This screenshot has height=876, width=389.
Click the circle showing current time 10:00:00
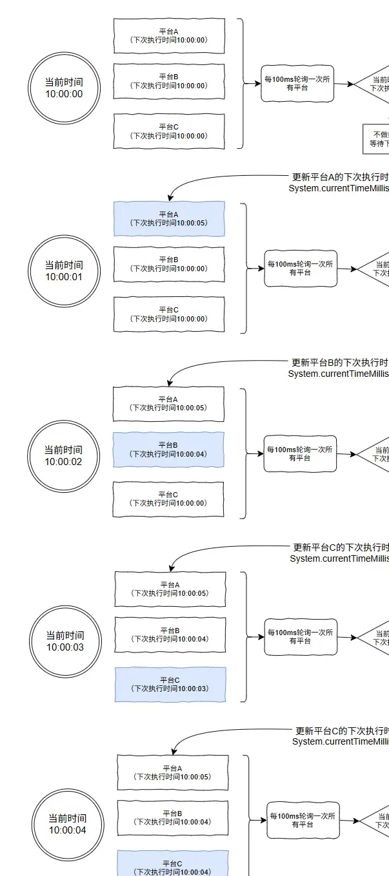[64, 88]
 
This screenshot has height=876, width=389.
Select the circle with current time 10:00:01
[64, 271]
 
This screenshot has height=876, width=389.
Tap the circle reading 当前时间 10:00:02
[63, 455]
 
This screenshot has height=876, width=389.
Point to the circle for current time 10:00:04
[67, 824]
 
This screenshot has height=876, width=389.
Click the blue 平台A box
[169, 218]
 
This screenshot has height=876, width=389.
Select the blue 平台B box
[168, 449]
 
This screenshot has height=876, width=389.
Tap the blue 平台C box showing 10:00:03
[170, 684]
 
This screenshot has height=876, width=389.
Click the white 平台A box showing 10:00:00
[169, 35]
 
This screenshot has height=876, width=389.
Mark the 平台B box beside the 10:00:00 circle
[169, 81]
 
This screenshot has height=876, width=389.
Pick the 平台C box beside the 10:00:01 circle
[169, 314]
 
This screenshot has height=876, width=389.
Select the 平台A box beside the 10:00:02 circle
[168, 404]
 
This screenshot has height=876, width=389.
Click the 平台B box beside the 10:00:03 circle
[170, 634]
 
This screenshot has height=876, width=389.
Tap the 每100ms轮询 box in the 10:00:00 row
[297, 83]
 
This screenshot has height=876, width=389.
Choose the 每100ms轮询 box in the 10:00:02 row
[301, 453]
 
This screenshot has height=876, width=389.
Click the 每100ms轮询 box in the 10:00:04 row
[303, 820]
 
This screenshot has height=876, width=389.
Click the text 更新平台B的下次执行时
[339, 363]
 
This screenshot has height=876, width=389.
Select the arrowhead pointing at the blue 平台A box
[170, 198]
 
